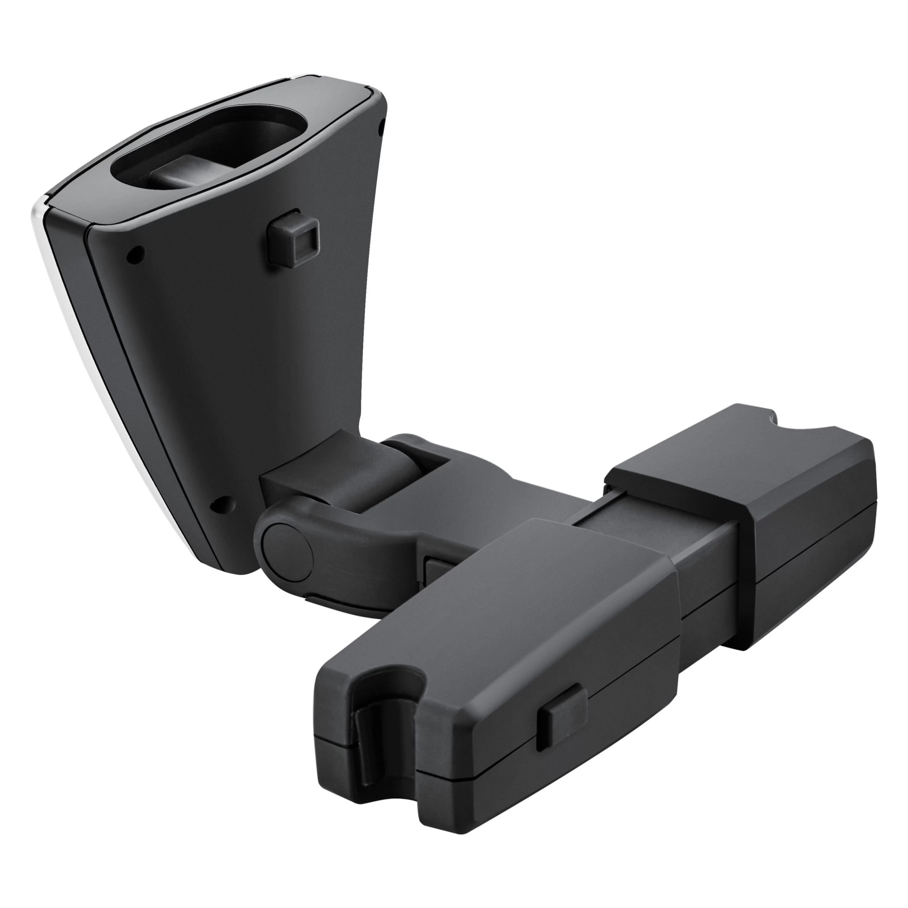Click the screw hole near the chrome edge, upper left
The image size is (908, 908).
point(136,254)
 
